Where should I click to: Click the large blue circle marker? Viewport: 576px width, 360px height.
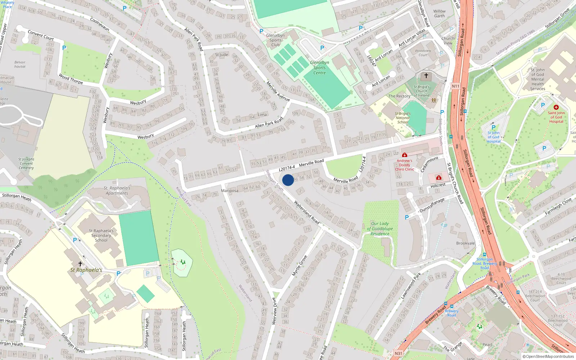(288, 180)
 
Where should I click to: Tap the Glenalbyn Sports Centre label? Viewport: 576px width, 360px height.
(319, 68)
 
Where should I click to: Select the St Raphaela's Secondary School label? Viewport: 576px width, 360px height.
(101, 235)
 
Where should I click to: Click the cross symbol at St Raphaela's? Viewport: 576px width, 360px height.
(80, 264)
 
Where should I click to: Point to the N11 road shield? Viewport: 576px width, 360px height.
(455, 86)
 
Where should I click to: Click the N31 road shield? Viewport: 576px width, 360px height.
(398, 353)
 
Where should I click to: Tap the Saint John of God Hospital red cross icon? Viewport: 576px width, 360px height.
(556, 107)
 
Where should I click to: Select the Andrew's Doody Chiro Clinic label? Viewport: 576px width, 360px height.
(404, 165)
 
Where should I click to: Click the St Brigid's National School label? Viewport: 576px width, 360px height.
(402, 118)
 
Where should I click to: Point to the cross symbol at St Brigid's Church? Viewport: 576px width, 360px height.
(426, 76)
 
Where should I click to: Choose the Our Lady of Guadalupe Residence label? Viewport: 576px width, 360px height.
(380, 229)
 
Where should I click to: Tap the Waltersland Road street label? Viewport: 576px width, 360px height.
(307, 212)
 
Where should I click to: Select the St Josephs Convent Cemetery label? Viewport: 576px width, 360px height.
(26, 163)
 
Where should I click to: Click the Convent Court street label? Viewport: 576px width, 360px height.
(41, 35)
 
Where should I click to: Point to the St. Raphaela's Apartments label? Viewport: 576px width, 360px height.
(117, 190)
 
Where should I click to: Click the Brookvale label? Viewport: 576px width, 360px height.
(465, 243)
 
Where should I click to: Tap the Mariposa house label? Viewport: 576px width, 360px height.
(230, 191)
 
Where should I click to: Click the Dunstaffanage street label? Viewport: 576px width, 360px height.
(432, 205)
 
